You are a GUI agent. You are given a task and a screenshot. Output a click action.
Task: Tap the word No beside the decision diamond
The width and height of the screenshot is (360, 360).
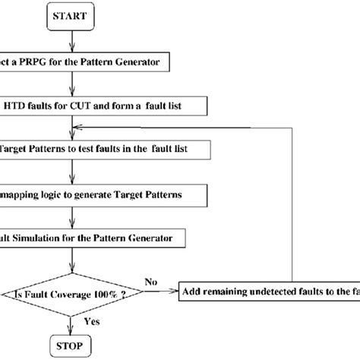[x=150, y=282]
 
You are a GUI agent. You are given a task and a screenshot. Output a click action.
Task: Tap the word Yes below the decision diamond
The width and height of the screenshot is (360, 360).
[x=92, y=321]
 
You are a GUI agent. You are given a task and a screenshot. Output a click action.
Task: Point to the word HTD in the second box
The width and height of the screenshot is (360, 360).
[x=20, y=104]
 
